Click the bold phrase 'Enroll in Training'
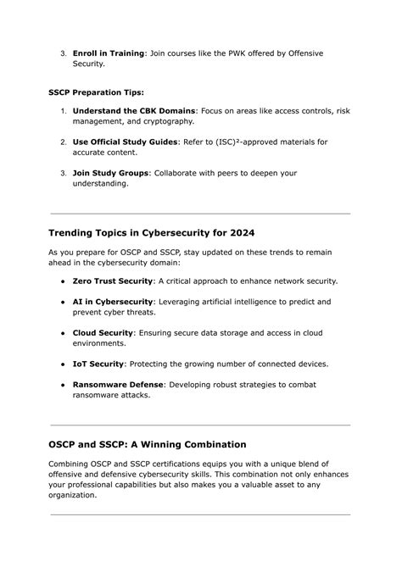pyautogui.click(x=109, y=53)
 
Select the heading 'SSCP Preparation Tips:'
pyautogui.click(x=96, y=91)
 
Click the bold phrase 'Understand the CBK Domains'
pyautogui.click(x=134, y=110)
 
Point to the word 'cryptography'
pyautogui.click(x=164, y=121)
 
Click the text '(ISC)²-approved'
pyautogui.click(x=259, y=142)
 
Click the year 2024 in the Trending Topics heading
pyautogui.click(x=237, y=232)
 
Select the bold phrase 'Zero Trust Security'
pyautogui.click(x=113, y=281)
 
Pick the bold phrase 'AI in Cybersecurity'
pyautogui.click(x=113, y=301)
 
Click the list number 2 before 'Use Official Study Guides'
pyautogui.click(x=63, y=142)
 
